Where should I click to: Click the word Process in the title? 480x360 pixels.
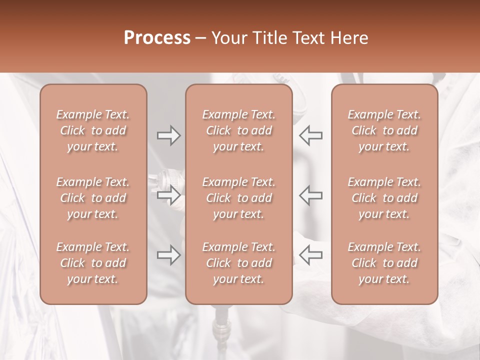(x=157, y=38)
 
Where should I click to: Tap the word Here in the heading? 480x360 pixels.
(x=349, y=38)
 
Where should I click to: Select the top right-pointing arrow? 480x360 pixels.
(x=169, y=135)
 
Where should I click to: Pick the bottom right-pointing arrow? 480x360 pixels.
(x=169, y=255)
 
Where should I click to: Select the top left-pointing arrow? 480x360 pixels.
(x=311, y=135)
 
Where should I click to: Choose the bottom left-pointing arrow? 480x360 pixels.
(x=311, y=255)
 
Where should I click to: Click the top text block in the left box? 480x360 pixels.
(x=93, y=130)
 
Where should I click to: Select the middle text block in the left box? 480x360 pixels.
(x=93, y=198)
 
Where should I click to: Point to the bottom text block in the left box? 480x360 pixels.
(x=93, y=263)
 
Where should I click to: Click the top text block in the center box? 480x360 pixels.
(x=238, y=130)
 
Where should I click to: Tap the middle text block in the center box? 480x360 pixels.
(x=238, y=198)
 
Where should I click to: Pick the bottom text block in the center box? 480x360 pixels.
(x=238, y=263)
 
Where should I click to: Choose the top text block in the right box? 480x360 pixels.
(x=384, y=130)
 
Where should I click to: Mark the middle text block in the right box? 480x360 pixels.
(x=384, y=198)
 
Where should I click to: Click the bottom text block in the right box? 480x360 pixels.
(x=384, y=263)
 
